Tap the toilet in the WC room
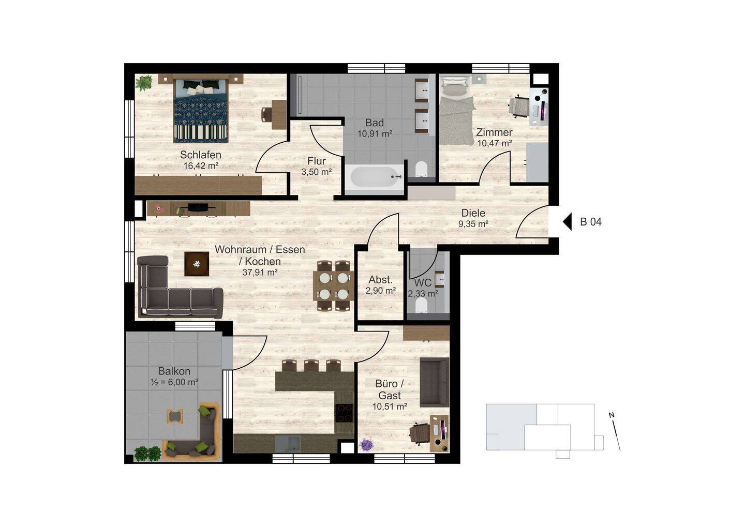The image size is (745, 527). (422, 305)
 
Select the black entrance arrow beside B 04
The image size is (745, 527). (567, 221)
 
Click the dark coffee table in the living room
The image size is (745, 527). (197, 264)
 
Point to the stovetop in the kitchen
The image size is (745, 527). (344, 413)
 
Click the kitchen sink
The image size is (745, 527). (288, 444)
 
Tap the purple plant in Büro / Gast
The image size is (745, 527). (367, 445)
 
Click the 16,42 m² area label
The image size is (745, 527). (201, 165)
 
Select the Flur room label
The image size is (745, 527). (316, 161)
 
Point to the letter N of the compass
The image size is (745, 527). (611, 415)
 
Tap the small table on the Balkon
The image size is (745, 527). (175, 416)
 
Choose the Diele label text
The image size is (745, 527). (473, 213)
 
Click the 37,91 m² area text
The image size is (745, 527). (260, 273)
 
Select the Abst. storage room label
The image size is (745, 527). (380, 280)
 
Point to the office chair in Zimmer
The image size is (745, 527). (519, 107)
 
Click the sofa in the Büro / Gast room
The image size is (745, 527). (434, 382)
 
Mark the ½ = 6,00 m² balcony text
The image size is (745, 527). (174, 382)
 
